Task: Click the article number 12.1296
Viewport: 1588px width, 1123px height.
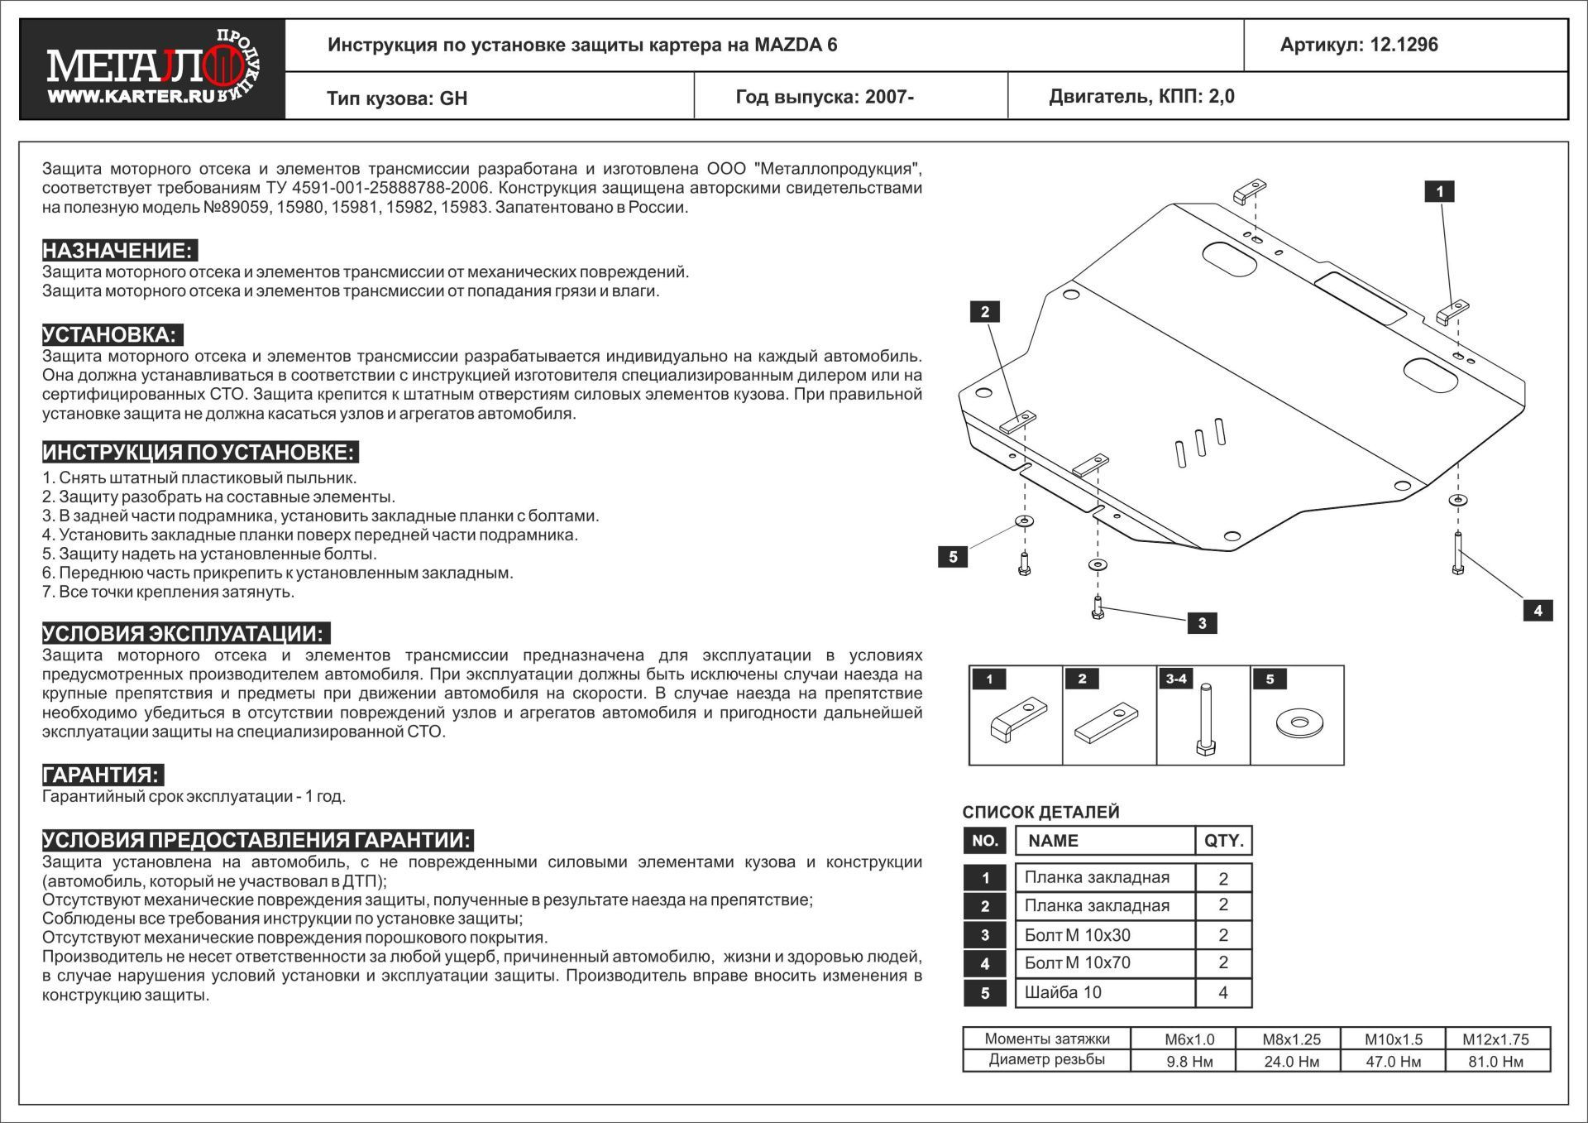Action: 1404,45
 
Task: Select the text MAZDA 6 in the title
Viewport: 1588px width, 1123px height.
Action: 795,45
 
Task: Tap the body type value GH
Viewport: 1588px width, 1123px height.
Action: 453,98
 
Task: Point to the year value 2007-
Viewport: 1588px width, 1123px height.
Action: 889,97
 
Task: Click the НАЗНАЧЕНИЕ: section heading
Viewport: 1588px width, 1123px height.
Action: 119,251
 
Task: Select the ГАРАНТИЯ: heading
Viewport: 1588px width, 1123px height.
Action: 103,775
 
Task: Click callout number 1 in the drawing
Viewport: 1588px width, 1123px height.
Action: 1439,192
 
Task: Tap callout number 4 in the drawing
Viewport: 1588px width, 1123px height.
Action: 1538,611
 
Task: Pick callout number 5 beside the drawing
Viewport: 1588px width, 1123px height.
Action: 953,557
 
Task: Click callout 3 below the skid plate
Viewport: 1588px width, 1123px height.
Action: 1202,623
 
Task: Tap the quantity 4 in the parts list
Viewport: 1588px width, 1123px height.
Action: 1223,992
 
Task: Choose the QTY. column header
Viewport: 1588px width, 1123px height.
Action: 1224,841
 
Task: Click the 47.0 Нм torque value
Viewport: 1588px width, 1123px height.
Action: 1394,1062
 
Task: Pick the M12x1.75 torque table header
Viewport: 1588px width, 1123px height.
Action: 1496,1039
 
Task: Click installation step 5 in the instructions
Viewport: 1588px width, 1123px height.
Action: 209,554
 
